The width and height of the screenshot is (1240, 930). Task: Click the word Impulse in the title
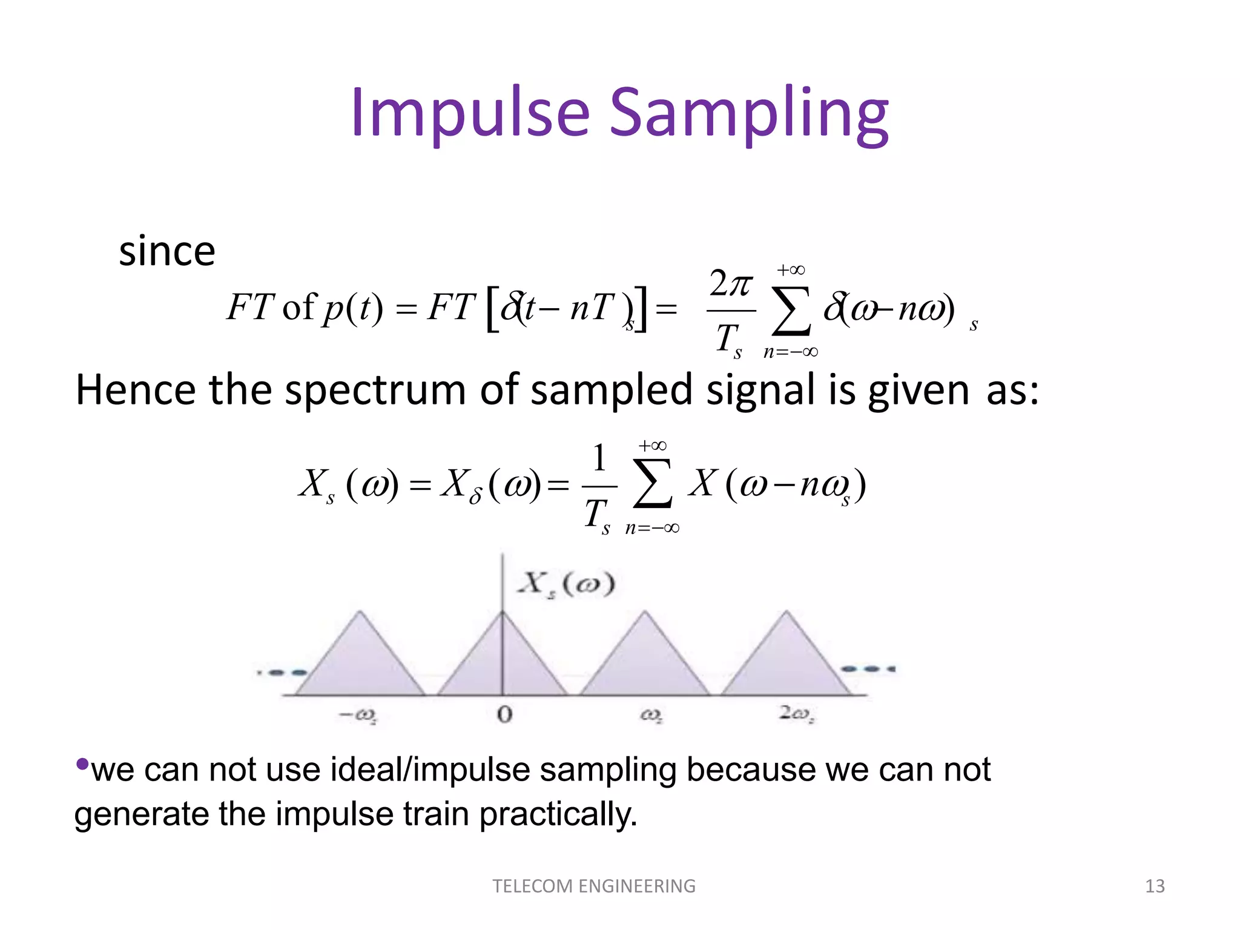tap(469, 114)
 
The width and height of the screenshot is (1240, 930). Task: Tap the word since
tap(167, 251)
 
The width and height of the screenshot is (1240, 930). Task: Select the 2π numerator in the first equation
tap(731, 283)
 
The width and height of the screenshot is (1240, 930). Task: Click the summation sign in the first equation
tap(791, 311)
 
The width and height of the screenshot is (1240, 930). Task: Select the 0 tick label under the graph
tap(504, 715)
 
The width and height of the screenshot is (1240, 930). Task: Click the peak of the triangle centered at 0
tap(503, 613)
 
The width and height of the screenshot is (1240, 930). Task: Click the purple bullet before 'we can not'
tap(82, 763)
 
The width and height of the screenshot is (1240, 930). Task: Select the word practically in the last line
tap(558, 814)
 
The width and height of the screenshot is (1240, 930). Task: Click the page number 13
tap(1155, 886)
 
